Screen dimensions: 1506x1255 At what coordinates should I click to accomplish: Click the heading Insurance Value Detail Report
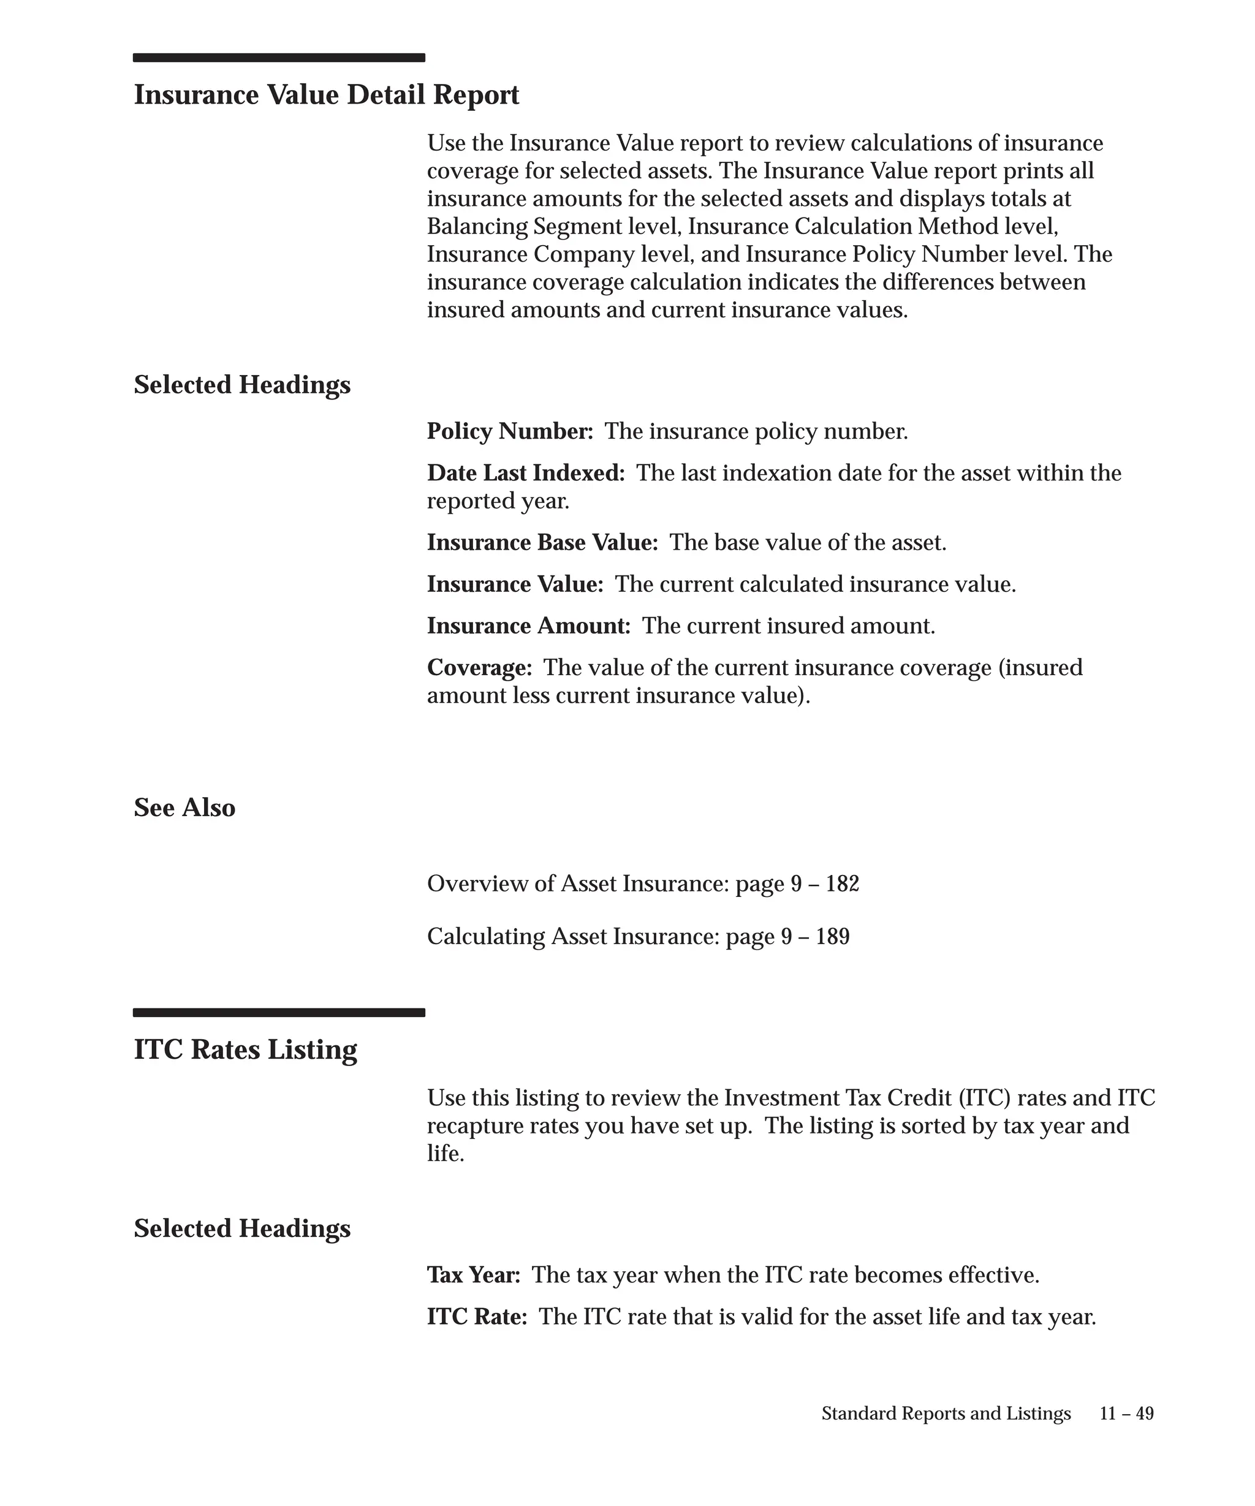(x=326, y=95)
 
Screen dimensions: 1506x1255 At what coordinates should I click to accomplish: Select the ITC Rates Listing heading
(x=245, y=1049)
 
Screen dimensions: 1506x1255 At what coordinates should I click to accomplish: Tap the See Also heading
(x=184, y=808)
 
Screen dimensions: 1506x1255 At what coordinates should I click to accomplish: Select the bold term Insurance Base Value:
(x=542, y=542)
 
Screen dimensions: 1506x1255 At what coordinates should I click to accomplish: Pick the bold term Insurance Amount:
(x=529, y=626)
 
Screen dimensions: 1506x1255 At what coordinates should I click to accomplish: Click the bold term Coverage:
(x=479, y=667)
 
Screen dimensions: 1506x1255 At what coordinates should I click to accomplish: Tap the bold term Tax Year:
(x=473, y=1274)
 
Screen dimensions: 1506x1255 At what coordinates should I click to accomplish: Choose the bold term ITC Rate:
(x=477, y=1316)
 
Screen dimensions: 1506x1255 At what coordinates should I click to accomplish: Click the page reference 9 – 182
(x=825, y=884)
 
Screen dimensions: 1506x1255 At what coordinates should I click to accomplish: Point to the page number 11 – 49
(x=1127, y=1413)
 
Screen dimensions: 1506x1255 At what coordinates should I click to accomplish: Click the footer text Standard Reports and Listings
(x=946, y=1413)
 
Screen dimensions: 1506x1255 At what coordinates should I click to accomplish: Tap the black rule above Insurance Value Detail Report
(x=279, y=58)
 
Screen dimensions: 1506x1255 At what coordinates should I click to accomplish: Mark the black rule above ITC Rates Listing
(x=279, y=1013)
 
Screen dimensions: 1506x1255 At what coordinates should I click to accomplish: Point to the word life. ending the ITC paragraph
(x=446, y=1153)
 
